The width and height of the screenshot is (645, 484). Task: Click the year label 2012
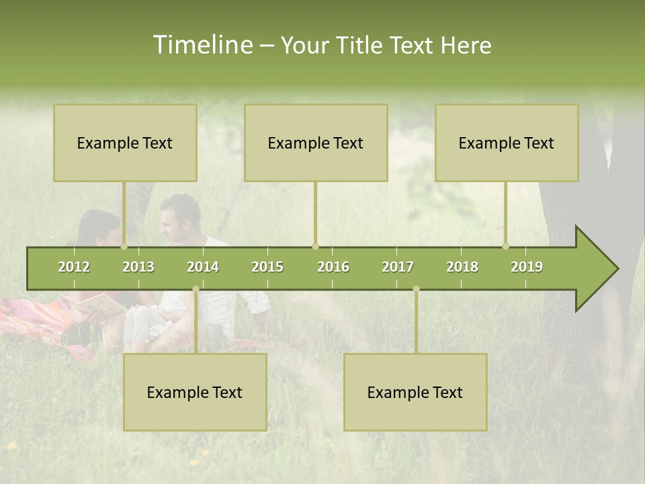click(74, 267)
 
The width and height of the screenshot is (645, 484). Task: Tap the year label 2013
click(138, 267)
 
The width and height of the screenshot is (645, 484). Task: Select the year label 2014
click(203, 267)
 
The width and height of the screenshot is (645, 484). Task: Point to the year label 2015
click(267, 267)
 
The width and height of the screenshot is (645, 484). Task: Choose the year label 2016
click(333, 267)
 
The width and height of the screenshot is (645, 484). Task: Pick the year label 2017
click(398, 267)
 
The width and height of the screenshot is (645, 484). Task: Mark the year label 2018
click(462, 267)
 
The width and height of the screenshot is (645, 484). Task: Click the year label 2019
click(527, 267)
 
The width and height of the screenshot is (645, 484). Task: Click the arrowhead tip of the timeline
click(617, 269)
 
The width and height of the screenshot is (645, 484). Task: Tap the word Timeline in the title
click(202, 45)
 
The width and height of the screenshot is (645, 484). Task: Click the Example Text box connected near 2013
click(125, 143)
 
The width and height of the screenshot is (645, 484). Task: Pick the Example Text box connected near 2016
click(316, 143)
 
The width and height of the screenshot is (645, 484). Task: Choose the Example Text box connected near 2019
click(507, 143)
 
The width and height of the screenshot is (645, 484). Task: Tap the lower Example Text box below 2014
click(195, 392)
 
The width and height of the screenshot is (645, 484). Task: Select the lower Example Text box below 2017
click(415, 392)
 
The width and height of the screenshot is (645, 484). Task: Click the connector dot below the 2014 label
click(196, 289)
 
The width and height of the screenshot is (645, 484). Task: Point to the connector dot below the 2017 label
click(416, 289)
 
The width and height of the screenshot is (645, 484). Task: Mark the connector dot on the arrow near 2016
click(315, 246)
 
